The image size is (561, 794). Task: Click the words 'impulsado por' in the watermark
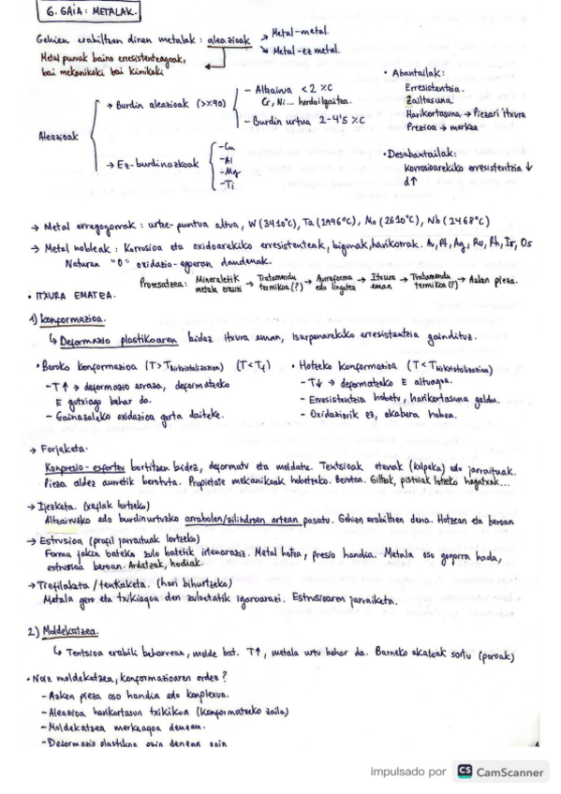coord(407,772)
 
